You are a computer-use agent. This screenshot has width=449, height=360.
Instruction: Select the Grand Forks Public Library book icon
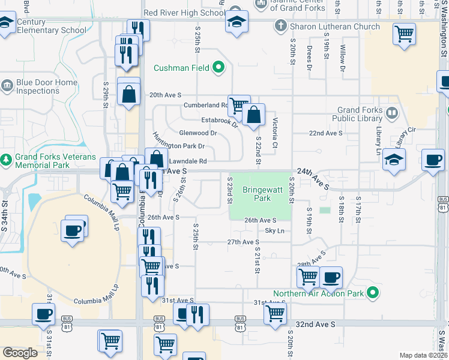pyautogui.click(x=391, y=112)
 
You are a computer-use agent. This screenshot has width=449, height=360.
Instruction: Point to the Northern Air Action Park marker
pyautogui.click(x=373, y=293)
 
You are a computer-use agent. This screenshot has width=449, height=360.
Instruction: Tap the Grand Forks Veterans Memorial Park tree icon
pyautogui.click(x=7, y=160)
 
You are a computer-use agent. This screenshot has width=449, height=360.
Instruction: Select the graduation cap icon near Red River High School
pyautogui.click(x=237, y=22)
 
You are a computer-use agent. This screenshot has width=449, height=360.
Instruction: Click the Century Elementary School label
pyautogui.click(x=51, y=26)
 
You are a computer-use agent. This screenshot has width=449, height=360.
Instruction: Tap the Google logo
pyautogui.click(x=20, y=353)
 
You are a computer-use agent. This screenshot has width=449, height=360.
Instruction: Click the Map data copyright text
pyautogui.click(x=423, y=355)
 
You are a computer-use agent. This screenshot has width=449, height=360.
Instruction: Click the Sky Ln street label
pyautogui.click(x=274, y=230)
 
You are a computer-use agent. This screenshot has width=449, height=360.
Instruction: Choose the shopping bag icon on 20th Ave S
pyautogui.click(x=128, y=93)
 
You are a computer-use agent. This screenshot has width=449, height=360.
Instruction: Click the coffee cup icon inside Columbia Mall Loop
pyautogui.click(x=73, y=230)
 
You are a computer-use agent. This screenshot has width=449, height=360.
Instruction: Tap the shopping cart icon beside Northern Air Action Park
pyautogui.click(x=308, y=277)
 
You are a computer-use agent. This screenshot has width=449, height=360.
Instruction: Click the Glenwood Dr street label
pyautogui.click(x=197, y=133)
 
